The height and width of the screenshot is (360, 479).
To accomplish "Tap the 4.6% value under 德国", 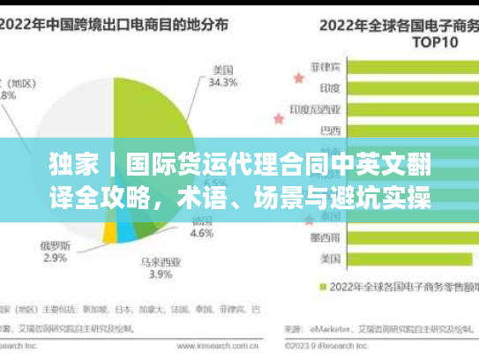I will [202, 235].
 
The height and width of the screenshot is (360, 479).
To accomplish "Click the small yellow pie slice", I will [109, 231].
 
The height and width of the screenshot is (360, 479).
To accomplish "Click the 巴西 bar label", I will [328, 132].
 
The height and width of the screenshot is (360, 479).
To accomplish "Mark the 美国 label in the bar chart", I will [328, 259].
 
